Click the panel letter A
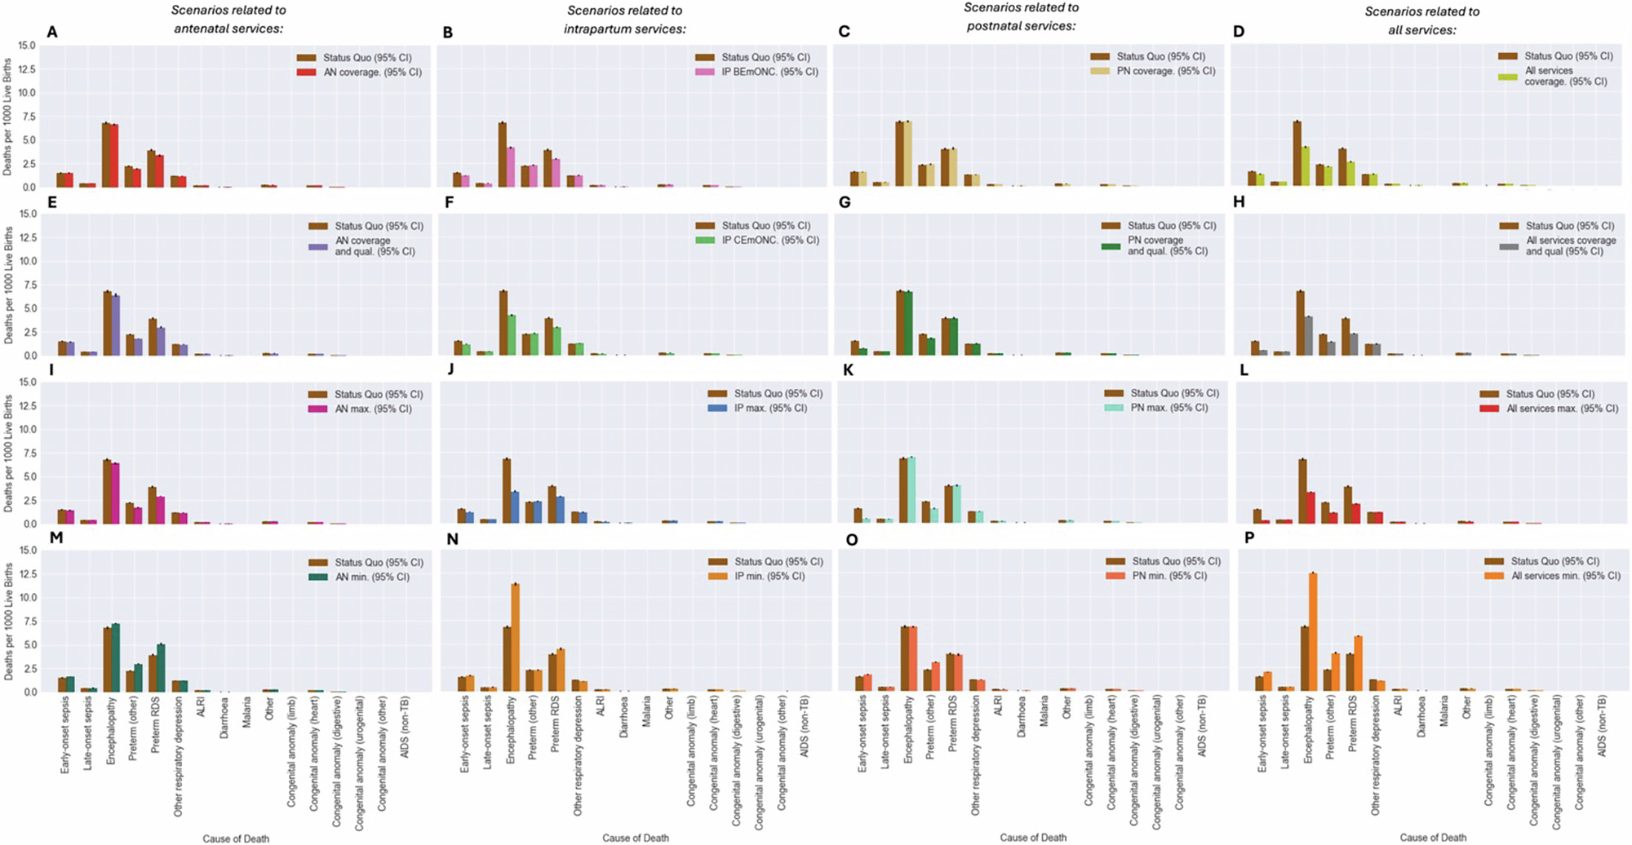[52, 33]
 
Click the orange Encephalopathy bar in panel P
[1313, 632]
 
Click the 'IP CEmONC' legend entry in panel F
[769, 241]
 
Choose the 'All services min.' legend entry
[1565, 576]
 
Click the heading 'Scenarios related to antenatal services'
[228, 20]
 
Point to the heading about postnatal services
[1021, 16]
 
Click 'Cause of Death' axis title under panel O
[1033, 838]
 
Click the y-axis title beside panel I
[8, 453]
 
